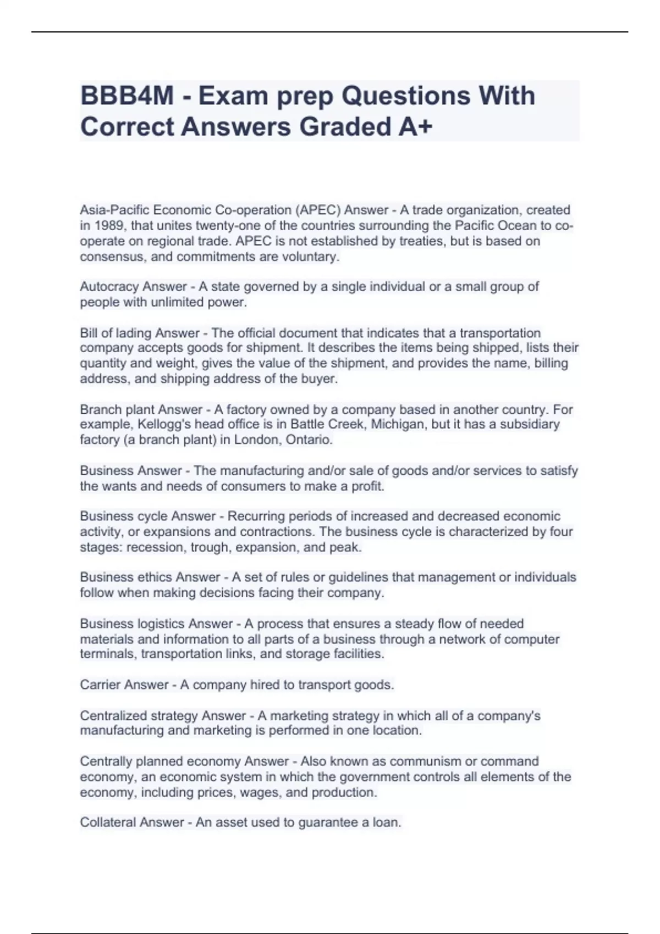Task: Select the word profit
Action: (367, 486)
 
